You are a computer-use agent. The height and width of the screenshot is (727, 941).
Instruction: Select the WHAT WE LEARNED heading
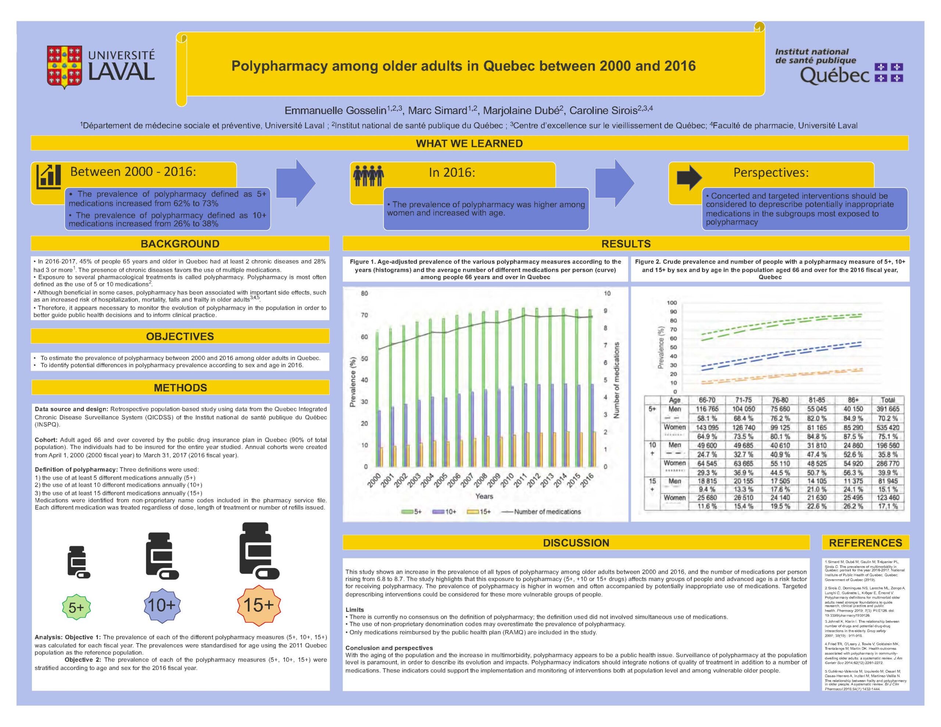(469, 143)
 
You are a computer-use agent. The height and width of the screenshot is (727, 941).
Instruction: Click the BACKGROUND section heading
(180, 244)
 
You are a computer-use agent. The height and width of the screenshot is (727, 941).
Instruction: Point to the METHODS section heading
(180, 387)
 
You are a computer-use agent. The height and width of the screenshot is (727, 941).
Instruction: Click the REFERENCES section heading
(865, 542)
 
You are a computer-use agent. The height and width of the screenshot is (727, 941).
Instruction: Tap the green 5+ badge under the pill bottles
(77, 607)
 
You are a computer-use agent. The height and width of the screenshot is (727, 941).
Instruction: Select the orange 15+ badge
(258, 605)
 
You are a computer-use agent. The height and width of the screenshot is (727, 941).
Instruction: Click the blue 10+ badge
(162, 605)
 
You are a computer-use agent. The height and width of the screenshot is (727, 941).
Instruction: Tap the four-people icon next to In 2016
(368, 175)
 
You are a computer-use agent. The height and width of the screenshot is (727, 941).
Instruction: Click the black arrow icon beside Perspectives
(689, 177)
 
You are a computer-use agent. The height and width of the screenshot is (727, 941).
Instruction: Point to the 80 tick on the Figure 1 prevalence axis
(365, 293)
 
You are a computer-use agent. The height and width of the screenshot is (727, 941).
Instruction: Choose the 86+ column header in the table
(853, 400)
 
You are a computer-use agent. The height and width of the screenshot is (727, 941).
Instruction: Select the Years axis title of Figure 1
(484, 496)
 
